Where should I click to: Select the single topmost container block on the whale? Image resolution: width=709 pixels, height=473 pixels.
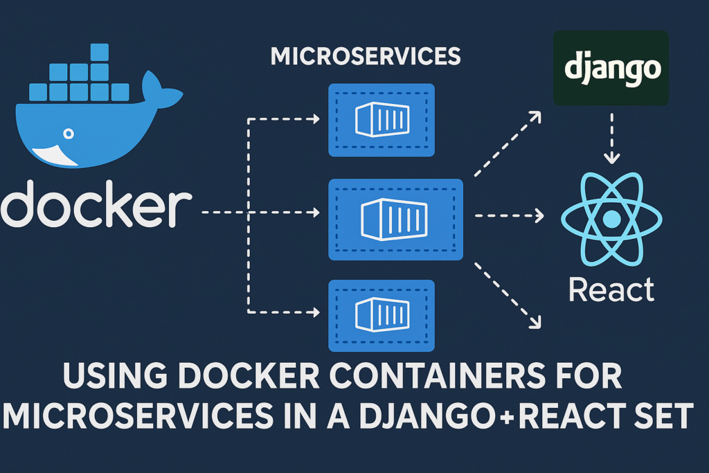pyautogui.click(x=100, y=51)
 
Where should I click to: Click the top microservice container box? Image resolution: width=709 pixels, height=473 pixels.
pyautogui.click(x=381, y=120)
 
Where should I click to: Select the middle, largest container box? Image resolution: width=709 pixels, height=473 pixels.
pyautogui.click(x=395, y=219)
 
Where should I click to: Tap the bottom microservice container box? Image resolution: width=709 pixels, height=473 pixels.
pyautogui.click(x=381, y=314)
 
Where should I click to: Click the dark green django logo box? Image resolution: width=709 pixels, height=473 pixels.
pyautogui.click(x=611, y=68)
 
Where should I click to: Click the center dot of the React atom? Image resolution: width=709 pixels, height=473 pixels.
pyautogui.click(x=611, y=220)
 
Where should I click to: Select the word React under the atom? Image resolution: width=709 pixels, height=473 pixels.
pyautogui.click(x=611, y=289)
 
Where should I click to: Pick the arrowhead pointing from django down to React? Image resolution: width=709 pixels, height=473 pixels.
pyautogui.click(x=611, y=158)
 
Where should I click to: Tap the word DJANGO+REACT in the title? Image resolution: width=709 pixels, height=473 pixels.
pyautogui.click(x=510, y=416)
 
